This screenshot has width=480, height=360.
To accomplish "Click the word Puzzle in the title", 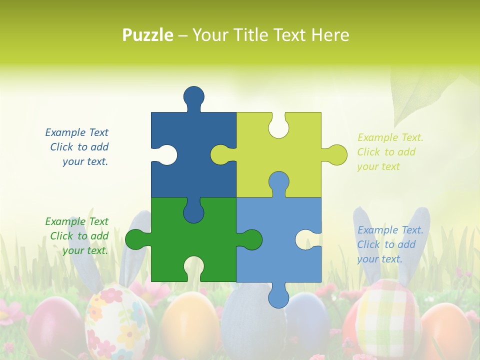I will (x=148, y=35).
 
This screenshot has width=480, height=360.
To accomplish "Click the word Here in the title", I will (x=330, y=35).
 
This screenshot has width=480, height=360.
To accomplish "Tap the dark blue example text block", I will (x=77, y=147).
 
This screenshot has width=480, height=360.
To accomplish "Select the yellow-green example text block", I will (x=389, y=152).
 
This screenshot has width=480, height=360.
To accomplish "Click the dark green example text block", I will (x=77, y=236).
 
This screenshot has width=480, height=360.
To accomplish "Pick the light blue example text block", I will (x=389, y=244).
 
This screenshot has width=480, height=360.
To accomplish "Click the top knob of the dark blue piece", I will (x=194, y=96).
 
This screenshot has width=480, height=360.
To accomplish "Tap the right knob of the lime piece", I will (x=336, y=155).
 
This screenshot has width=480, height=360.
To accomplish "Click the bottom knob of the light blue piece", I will (x=278, y=297).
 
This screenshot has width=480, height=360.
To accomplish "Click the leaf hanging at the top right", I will (x=420, y=92).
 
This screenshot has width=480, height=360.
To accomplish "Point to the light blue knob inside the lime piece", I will (x=278, y=182).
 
